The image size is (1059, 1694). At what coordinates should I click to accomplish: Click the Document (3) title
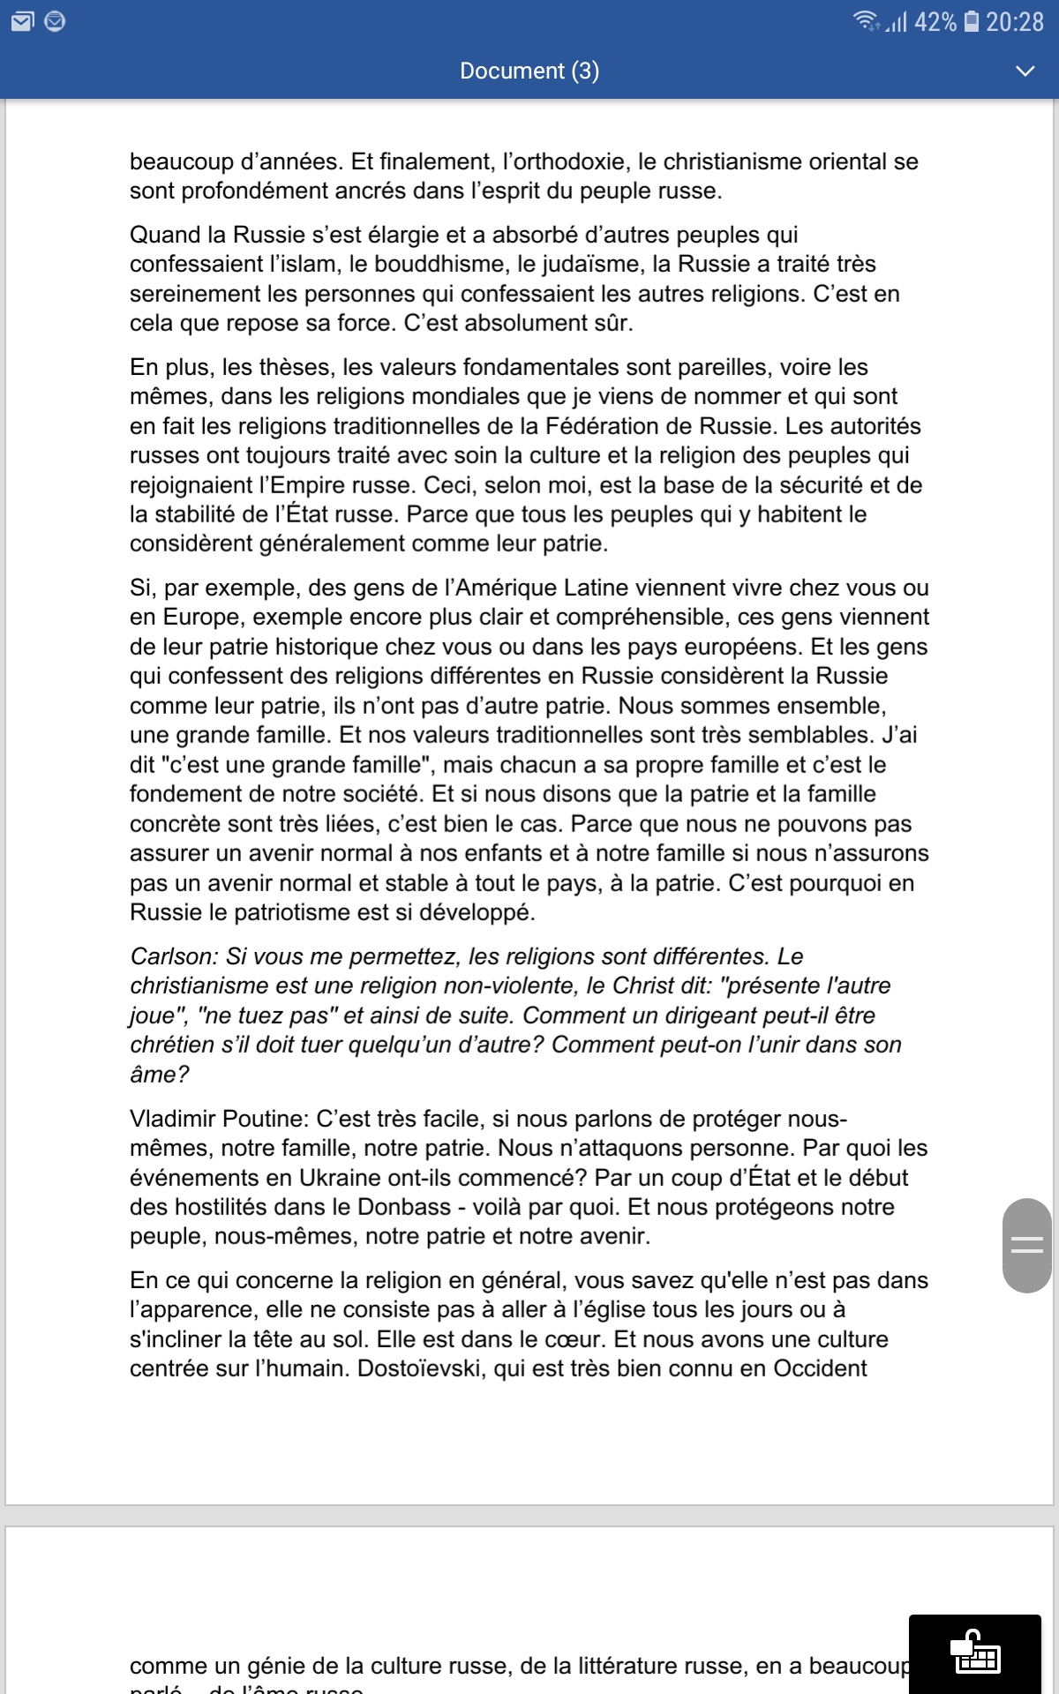click(529, 71)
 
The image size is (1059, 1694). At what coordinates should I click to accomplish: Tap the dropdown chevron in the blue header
click(1025, 71)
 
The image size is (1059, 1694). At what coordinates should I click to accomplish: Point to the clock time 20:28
click(1015, 21)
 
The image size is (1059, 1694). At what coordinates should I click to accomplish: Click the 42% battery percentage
click(935, 21)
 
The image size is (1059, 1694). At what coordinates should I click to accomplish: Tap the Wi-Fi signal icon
click(865, 20)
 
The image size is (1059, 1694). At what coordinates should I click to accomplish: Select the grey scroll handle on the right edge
click(1026, 1245)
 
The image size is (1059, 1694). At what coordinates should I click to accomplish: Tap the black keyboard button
click(974, 1653)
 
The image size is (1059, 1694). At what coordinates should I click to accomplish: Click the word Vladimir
click(173, 1119)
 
